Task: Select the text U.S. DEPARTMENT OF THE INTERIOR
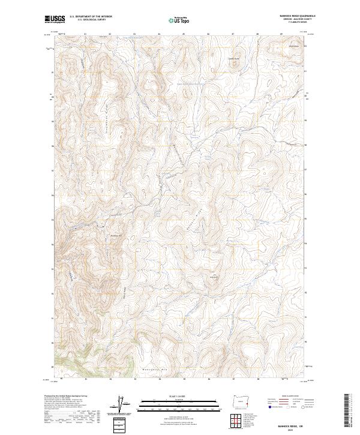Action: [x=90, y=17]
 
